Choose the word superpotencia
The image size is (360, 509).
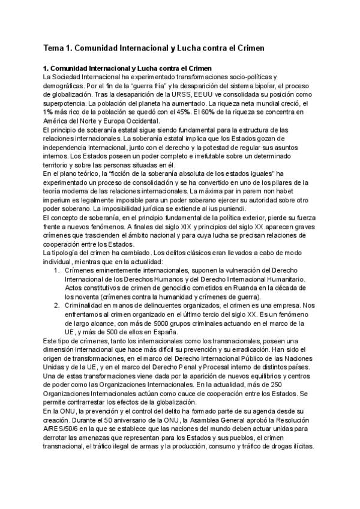click(x=68, y=103)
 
